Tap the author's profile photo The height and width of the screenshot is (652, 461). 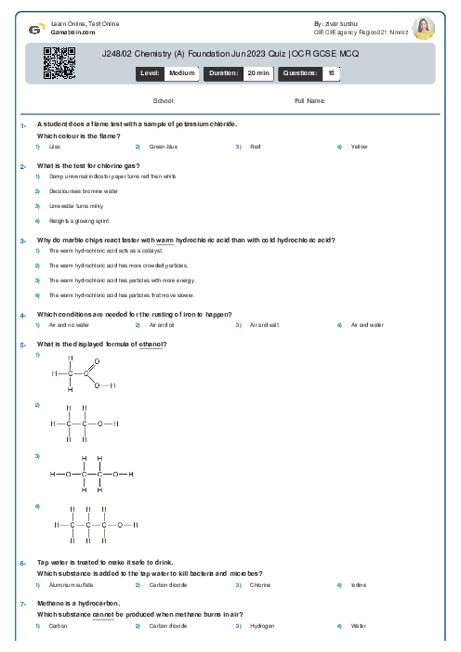(423, 28)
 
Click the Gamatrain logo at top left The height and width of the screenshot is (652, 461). (34, 29)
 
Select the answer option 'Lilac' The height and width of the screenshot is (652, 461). (55, 147)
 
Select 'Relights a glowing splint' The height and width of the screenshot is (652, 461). (72, 221)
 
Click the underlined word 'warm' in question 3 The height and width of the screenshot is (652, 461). (166, 240)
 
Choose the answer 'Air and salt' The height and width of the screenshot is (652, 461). (265, 325)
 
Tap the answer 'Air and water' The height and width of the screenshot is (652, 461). (368, 325)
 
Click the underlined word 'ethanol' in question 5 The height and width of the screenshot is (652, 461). (151, 345)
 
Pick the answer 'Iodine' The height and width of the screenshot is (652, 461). (359, 585)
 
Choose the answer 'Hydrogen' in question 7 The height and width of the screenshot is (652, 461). (263, 626)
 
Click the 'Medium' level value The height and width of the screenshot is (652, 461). (181, 72)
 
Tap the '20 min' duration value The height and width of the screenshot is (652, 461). (257, 72)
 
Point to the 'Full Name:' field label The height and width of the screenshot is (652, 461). (310, 100)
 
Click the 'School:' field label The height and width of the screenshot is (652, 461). (164, 100)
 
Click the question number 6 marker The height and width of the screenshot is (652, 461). (23, 563)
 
